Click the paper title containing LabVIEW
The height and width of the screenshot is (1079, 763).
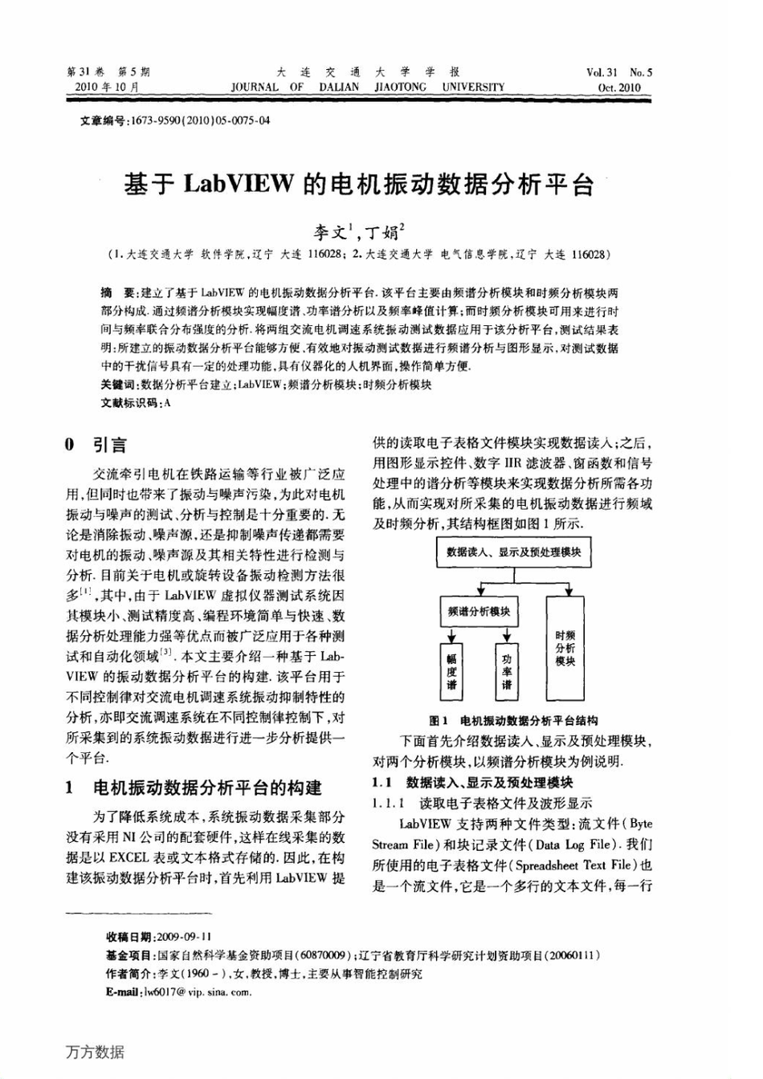pyautogui.click(x=358, y=185)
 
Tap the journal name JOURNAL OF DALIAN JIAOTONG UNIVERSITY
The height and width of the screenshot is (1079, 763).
pyautogui.click(x=367, y=87)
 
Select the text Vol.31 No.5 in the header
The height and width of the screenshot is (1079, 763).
pyautogui.click(x=618, y=72)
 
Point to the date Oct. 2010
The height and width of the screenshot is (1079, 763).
pyautogui.click(x=619, y=88)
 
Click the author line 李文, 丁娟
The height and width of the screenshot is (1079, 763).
pyautogui.click(x=358, y=233)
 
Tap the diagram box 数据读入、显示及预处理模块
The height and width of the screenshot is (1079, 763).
pyautogui.click(x=513, y=552)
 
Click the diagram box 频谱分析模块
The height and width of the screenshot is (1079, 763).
pyautogui.click(x=479, y=612)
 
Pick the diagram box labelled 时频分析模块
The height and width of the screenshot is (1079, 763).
pyautogui.click(x=565, y=647)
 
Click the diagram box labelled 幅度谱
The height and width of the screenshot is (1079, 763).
pyautogui.click(x=451, y=672)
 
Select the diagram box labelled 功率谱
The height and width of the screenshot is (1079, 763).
pyautogui.click(x=507, y=672)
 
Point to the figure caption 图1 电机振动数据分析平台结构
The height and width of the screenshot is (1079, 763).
pyautogui.click(x=513, y=721)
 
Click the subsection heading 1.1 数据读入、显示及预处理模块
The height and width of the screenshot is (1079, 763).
pyautogui.click(x=473, y=783)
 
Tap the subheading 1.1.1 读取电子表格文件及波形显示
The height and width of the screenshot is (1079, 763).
pyautogui.click(x=483, y=803)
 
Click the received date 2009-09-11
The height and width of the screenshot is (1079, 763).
pyautogui.click(x=185, y=937)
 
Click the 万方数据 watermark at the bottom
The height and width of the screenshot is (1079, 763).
pyautogui.click(x=95, y=1052)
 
